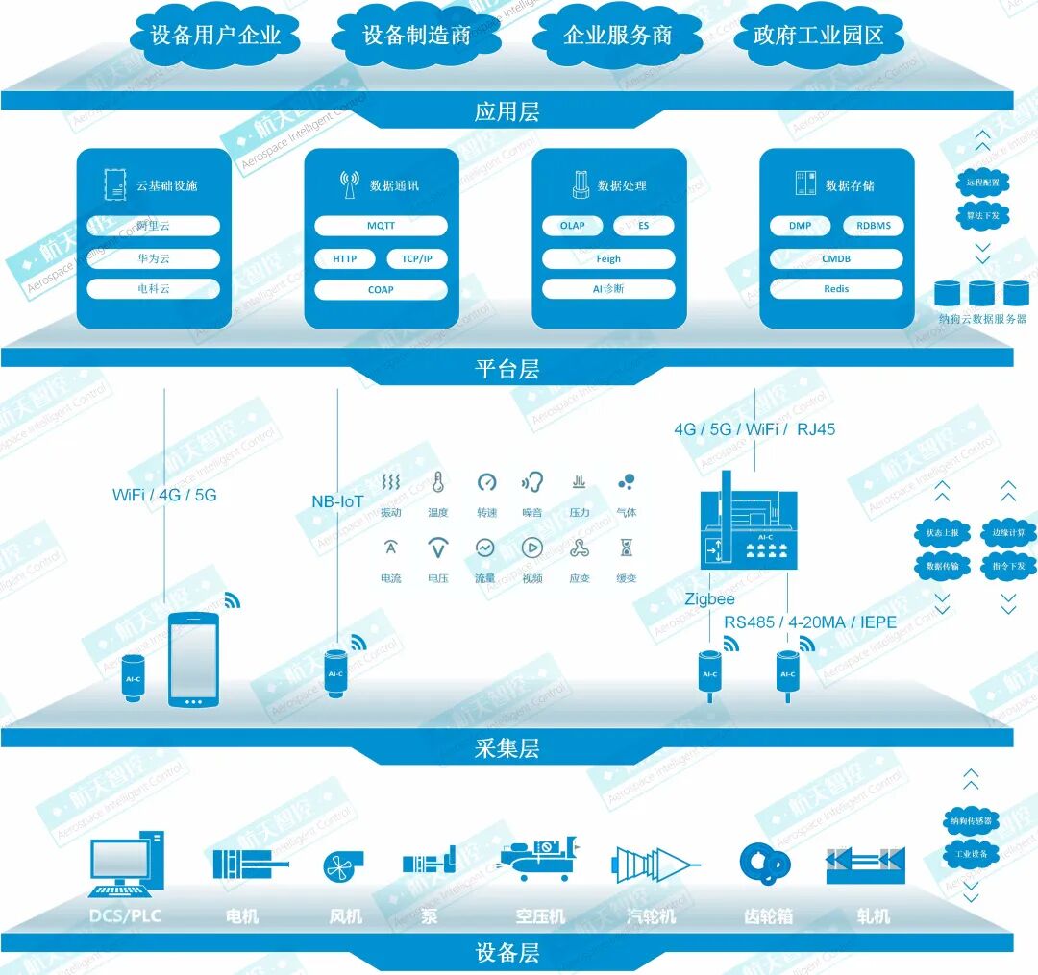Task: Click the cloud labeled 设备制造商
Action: point(416,37)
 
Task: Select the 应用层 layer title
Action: point(507,112)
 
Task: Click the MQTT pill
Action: point(381,226)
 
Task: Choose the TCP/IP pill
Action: point(416,259)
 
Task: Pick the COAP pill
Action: point(381,289)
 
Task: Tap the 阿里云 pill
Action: point(153,226)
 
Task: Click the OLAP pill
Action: point(572,226)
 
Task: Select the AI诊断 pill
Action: point(607,289)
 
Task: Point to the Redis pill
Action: point(835,289)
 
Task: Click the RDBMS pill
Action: point(872,226)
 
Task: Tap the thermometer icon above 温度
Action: point(438,482)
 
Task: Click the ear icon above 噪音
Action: point(531,482)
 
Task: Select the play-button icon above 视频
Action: point(531,548)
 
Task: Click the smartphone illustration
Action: point(193,660)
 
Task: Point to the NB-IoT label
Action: point(337,501)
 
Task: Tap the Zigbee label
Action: point(709,598)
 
